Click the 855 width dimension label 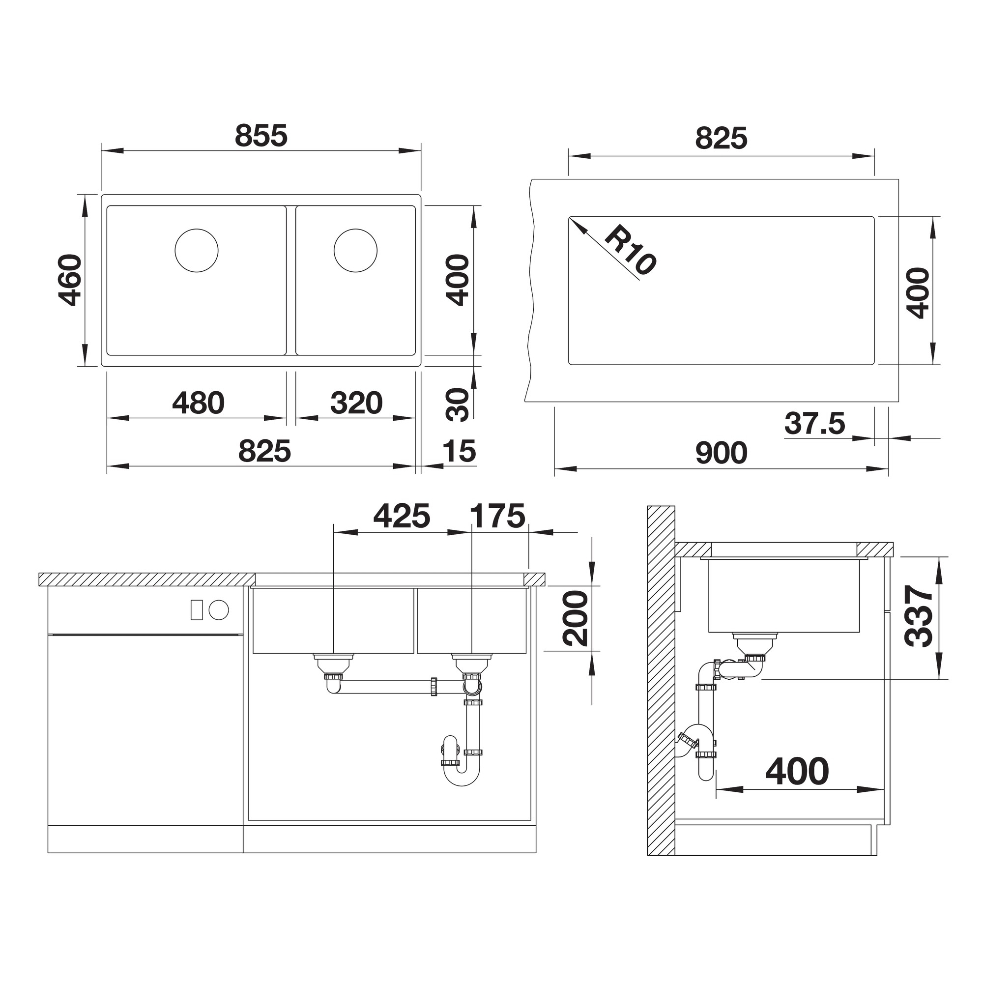(x=261, y=136)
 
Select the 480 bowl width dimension (x=199, y=403)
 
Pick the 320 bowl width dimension (x=356, y=403)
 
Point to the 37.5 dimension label (x=814, y=423)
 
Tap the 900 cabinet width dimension (x=722, y=453)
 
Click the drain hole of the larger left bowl (x=197, y=250)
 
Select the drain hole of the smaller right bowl (x=356, y=250)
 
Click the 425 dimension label (x=402, y=516)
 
